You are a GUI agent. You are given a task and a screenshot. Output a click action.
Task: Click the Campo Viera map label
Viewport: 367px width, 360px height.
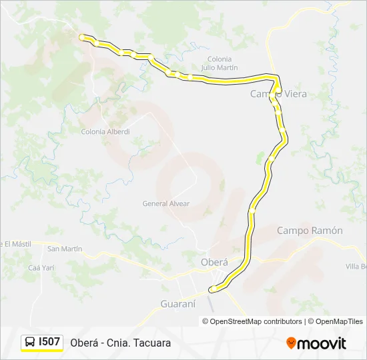click(x=279, y=94)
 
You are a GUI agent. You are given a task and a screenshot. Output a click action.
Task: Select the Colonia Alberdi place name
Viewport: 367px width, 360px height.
click(x=105, y=131)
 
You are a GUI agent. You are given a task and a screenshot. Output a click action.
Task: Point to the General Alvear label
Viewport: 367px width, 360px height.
click(x=166, y=203)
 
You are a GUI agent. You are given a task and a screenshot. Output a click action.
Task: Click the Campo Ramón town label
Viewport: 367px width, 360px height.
click(x=310, y=231)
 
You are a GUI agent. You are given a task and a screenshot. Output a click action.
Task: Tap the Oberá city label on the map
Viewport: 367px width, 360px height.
click(x=214, y=262)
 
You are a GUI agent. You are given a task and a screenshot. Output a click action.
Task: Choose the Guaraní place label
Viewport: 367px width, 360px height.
click(x=178, y=303)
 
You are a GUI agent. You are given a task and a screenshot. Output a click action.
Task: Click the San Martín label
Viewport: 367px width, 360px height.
click(x=65, y=249)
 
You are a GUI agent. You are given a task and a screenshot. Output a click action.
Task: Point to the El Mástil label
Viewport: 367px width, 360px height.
click(x=16, y=244)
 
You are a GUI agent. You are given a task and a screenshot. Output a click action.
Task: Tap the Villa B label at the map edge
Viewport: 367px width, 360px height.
click(x=356, y=267)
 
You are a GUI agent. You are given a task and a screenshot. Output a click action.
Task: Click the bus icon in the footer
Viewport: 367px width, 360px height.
click(x=31, y=342)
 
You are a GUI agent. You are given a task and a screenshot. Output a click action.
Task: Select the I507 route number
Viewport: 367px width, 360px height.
click(x=49, y=342)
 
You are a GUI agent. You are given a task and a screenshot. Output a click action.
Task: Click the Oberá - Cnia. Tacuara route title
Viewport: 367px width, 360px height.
click(x=121, y=343)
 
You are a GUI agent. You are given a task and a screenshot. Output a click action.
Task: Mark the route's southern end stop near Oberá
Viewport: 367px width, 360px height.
click(x=212, y=289)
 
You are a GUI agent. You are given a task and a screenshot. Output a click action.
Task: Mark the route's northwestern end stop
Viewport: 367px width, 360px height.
click(x=81, y=37)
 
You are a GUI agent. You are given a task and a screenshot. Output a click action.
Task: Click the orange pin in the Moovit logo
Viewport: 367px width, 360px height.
click(x=291, y=343)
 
